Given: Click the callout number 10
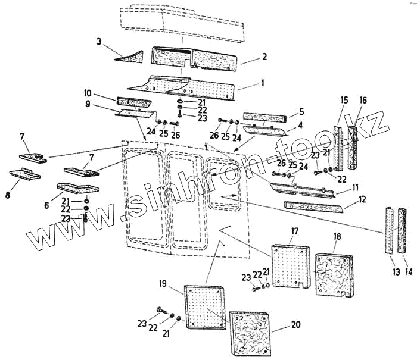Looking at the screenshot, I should [88, 93].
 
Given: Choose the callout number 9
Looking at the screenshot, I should [88, 104].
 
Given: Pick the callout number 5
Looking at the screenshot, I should [301, 111].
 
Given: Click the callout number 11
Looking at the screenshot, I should [355, 187].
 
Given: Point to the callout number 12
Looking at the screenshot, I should [362, 201].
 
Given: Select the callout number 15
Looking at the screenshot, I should [344, 99].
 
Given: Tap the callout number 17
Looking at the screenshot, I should [294, 230].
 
